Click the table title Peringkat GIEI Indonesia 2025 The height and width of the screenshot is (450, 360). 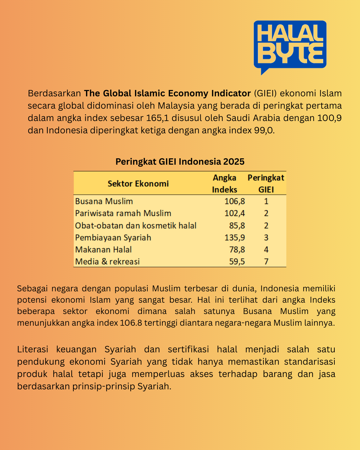[180, 162]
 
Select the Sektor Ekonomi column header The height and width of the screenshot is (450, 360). [138, 183]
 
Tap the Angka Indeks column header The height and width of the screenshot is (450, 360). [225, 183]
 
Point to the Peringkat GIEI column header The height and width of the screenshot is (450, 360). [266, 183]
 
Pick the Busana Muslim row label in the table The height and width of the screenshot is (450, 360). [104, 201]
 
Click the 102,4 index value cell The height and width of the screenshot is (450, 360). [235, 213]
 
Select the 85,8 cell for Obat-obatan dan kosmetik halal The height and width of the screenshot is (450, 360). [237, 226]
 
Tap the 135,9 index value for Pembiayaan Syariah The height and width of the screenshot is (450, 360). [235, 238]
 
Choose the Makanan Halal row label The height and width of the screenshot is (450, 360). [103, 250]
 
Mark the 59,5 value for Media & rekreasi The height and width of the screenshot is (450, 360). [237, 262]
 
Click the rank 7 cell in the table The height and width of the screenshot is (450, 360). [266, 262]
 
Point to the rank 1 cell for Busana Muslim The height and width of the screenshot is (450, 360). [266, 201]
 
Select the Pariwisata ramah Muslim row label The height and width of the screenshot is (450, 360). [123, 213]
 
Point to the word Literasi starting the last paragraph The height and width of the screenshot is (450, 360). [33, 349]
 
